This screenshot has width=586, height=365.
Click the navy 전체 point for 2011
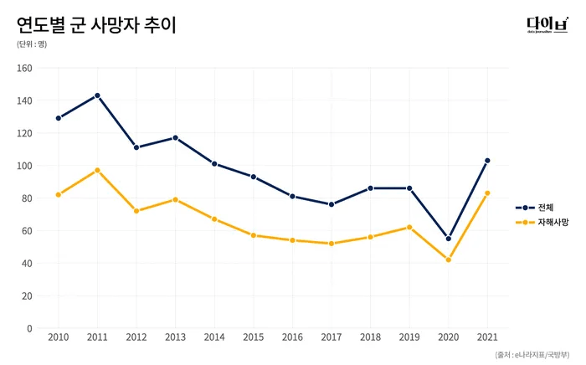coord(97,95)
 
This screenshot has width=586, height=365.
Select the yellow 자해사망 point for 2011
coord(97,170)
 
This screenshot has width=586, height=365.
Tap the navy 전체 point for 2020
coord(448,239)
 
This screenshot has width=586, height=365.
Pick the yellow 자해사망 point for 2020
coord(448,260)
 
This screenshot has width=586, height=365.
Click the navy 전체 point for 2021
coord(487,161)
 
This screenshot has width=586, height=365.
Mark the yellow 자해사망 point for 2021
coord(487,193)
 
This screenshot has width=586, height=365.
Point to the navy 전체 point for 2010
coord(59,118)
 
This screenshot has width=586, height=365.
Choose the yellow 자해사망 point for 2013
coord(175,199)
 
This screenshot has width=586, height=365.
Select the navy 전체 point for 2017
coord(332,204)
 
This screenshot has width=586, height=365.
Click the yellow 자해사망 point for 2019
coord(409,227)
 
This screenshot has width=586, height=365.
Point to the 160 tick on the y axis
coord(24,68)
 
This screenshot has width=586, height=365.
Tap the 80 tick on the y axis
coord(27,198)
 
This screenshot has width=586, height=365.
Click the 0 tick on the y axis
coord(29,328)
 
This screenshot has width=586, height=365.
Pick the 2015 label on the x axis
coord(253,337)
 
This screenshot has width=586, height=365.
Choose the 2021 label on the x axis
coord(487,337)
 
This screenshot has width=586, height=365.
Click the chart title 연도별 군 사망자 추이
coord(96,24)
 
